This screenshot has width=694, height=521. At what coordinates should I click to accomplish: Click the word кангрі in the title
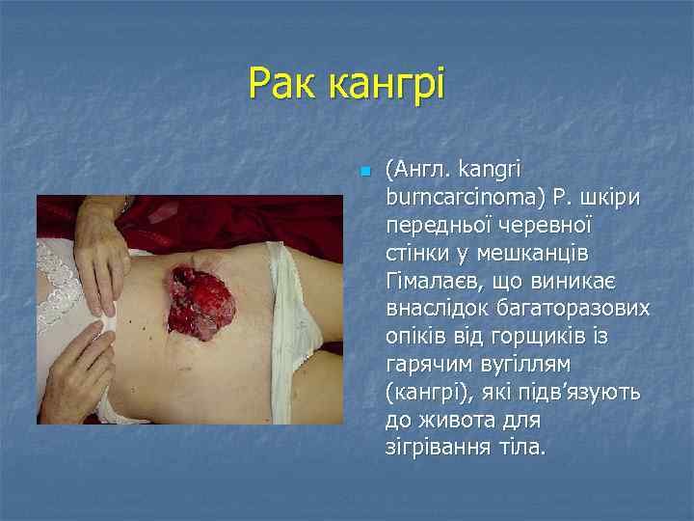(387, 85)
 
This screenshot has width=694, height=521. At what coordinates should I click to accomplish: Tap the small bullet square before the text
(363, 173)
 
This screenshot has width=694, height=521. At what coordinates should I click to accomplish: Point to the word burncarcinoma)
(467, 198)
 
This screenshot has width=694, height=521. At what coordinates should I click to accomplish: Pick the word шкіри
(613, 198)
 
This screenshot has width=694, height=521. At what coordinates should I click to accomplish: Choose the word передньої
(439, 226)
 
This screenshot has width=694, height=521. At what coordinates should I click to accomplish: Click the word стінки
(416, 253)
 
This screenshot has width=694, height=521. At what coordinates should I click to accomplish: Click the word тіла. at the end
(524, 449)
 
